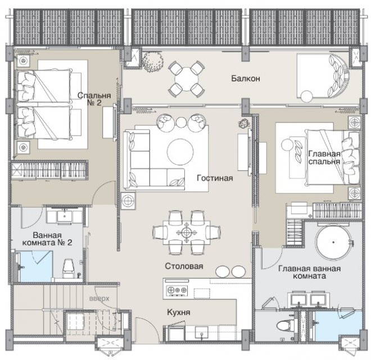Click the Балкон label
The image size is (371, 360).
coord(246,78)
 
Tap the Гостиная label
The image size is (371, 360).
coord(215,178)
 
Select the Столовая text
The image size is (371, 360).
coord(184,266)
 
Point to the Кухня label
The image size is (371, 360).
coord(179,312)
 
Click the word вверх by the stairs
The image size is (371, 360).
coord(99,299)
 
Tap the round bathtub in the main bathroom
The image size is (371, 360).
coord(333,242)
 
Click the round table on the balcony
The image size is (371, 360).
coord(187,79)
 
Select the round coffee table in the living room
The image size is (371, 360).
coord(180,151)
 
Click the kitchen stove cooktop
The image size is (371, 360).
coord(177,290)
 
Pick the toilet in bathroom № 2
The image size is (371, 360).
coord(68,269)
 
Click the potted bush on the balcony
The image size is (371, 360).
coord(153,62)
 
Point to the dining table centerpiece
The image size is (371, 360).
coord(187,232)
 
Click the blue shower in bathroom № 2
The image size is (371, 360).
coord(36,266)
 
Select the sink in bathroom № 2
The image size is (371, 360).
coord(64,215)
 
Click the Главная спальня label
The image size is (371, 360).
coord(324,157)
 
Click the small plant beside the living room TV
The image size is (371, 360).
coord(244,123)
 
